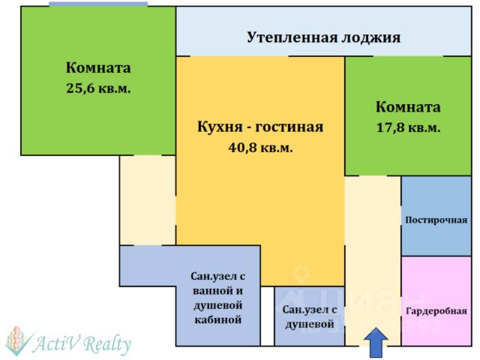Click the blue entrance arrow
pos(376,345)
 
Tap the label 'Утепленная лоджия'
pos(323,37)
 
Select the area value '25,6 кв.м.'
pos(98,88)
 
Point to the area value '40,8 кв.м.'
pos(260,148)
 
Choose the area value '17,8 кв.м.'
pos(408,127)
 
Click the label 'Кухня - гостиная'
pos(260,126)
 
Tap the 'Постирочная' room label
pos(436,220)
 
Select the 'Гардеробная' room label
pos(436,310)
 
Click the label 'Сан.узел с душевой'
pos(309,316)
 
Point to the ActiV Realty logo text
pos(82,344)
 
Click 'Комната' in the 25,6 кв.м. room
pos(98,67)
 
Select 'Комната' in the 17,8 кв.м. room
pos(408,107)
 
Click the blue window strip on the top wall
pos(98,4)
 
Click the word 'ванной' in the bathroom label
pos(217,290)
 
